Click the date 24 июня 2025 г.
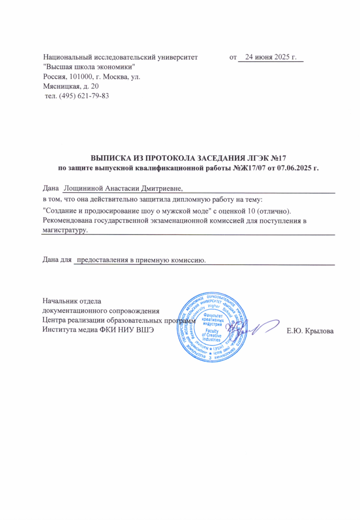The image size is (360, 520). point(270,58)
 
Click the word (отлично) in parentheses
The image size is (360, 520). point(274,210)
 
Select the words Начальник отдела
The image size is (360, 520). point(72,300)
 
